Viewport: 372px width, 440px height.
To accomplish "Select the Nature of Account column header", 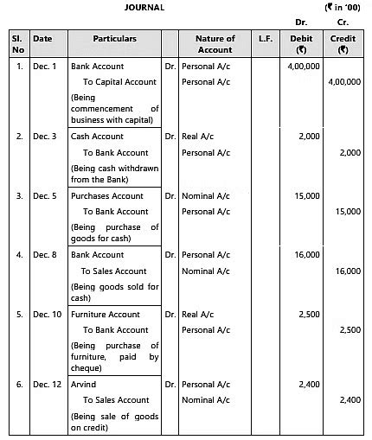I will coord(215,44).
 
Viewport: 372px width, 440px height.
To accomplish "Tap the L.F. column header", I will coord(265,39).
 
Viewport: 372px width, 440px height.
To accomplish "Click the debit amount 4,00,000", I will coord(302,67).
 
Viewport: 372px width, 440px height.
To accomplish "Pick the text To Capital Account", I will coord(119,82).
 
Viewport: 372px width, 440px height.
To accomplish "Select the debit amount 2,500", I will coord(310,315).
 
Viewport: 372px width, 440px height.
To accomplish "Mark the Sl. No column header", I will coord(16,44).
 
